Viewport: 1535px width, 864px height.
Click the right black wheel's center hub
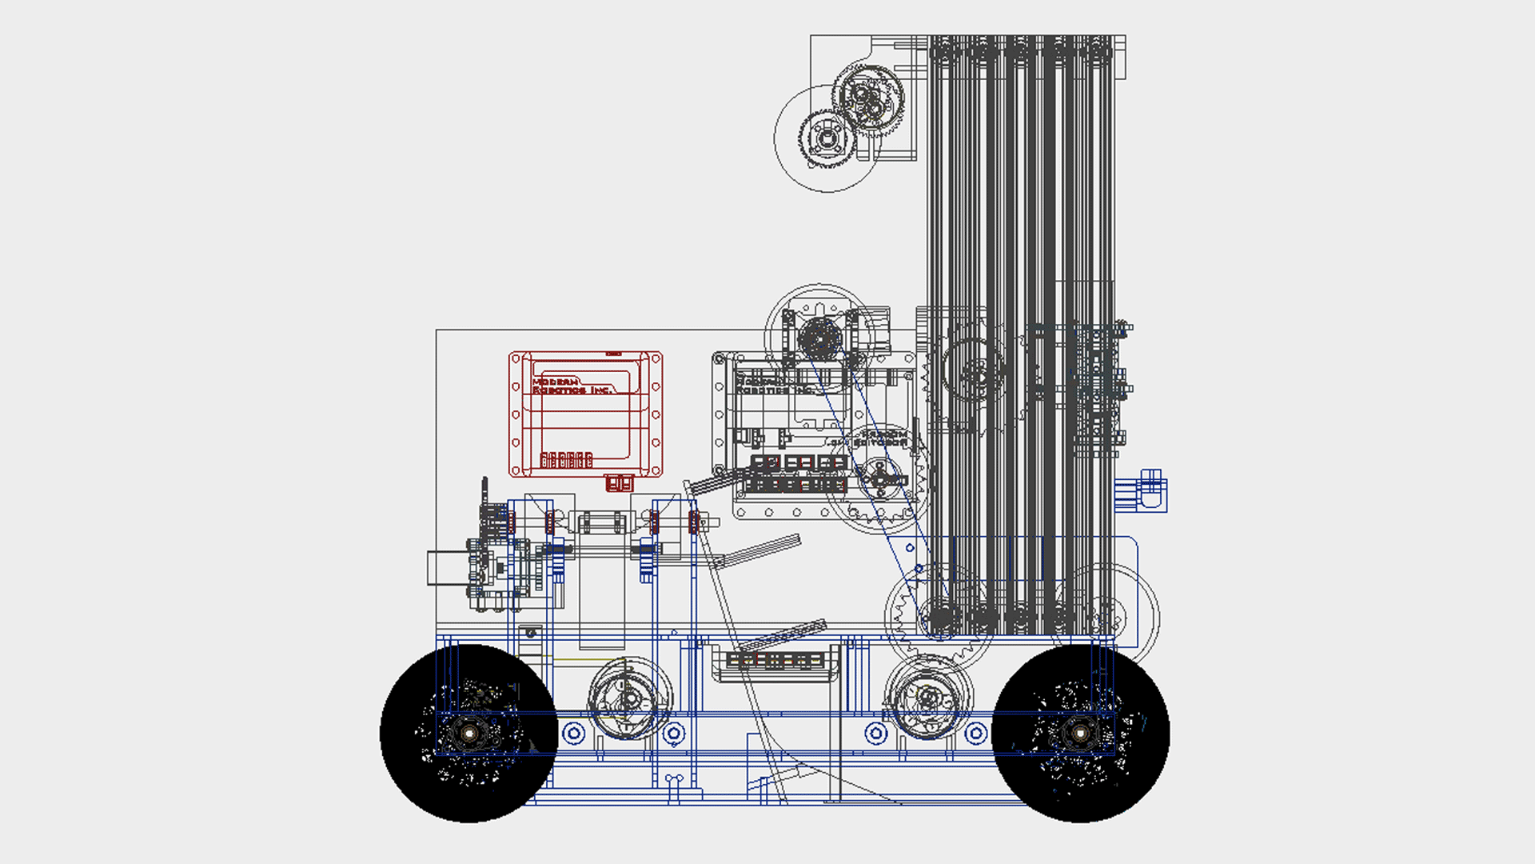point(1080,733)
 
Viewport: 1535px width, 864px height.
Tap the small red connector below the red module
point(619,483)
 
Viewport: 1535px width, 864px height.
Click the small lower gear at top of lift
point(827,138)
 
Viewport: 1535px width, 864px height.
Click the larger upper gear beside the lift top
point(867,100)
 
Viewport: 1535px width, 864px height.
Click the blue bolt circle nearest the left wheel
point(573,733)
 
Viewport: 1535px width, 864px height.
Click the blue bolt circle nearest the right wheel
point(976,733)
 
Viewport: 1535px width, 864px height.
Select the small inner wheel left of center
point(629,699)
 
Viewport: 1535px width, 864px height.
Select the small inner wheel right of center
point(928,698)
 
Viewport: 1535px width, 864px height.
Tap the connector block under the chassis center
point(774,662)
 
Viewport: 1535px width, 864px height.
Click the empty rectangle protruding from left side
point(448,568)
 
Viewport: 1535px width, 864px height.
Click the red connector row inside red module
point(566,460)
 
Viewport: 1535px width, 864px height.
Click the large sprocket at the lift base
point(940,616)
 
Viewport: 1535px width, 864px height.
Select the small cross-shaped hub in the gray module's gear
point(879,478)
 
